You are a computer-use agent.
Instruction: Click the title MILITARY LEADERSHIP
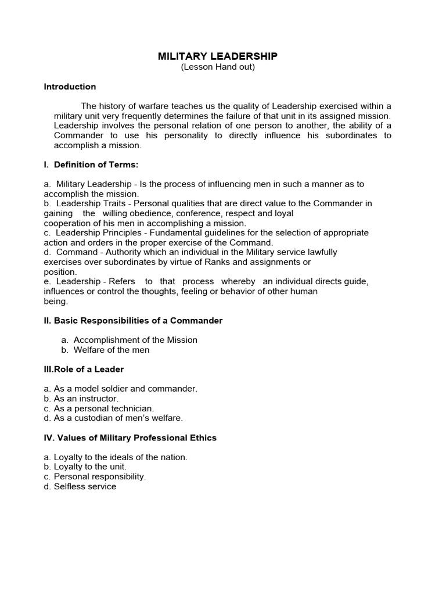[218, 56]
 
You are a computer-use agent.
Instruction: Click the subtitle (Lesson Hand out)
[218, 67]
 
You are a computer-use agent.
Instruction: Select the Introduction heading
[70, 87]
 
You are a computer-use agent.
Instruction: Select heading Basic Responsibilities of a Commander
[133, 321]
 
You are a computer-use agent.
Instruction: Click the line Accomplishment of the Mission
[135, 340]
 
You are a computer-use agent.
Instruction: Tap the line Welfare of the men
[111, 350]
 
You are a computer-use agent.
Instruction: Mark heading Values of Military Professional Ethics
[130, 438]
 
